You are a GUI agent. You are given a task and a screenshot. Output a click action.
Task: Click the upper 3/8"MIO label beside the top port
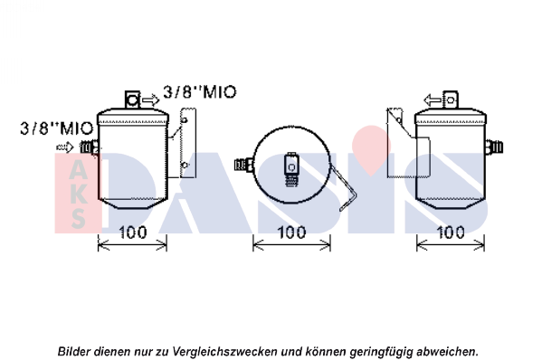point(200,92)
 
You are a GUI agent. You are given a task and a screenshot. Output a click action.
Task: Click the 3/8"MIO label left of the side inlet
point(57,128)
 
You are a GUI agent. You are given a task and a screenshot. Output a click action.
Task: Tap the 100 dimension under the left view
point(133,232)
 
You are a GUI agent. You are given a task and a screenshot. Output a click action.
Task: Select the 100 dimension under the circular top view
point(291,232)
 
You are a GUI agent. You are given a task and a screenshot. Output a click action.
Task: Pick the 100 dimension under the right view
point(451,232)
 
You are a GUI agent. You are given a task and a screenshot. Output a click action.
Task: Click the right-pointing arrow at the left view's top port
point(151,100)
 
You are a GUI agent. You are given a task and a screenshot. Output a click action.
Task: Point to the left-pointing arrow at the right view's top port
point(433,100)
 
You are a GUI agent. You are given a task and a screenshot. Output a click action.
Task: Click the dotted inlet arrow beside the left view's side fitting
point(65,147)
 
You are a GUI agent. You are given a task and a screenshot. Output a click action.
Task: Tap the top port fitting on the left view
point(132,99)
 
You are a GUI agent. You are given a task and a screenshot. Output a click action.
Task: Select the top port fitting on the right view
point(451,99)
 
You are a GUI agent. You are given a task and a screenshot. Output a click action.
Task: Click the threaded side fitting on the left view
point(90,147)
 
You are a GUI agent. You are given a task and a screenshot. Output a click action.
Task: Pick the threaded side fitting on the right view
point(494,147)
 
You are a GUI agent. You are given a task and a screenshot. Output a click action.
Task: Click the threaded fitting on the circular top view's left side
point(243,164)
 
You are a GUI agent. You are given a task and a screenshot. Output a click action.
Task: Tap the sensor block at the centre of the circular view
point(291,169)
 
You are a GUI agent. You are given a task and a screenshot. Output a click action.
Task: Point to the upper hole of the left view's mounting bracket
point(185,120)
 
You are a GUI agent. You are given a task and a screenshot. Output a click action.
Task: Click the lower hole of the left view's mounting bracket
point(185,165)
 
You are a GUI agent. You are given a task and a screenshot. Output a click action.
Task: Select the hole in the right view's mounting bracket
point(399,120)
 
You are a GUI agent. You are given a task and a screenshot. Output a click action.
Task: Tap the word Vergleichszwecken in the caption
point(224,352)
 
